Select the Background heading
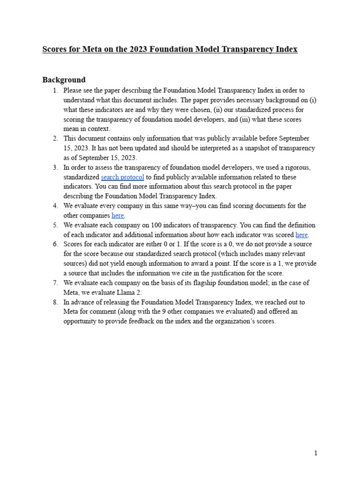pyautogui.click(x=64, y=80)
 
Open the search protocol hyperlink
pyautogui.click(x=122, y=177)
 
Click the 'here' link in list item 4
pyautogui.click(x=118, y=216)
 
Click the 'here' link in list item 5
pyautogui.click(x=302, y=235)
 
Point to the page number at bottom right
pyautogui.click(x=316, y=453)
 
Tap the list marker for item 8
pyautogui.click(x=55, y=302)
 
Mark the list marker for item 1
pyautogui.click(x=55, y=90)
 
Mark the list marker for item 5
pyautogui.click(x=55, y=225)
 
